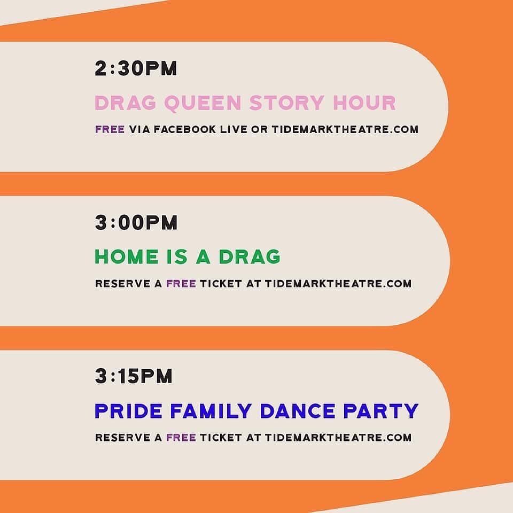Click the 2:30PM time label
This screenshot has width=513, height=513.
[136, 68]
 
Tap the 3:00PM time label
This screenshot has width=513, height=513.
[136, 222]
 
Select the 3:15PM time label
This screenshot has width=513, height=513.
[134, 376]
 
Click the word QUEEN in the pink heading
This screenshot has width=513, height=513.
[203, 103]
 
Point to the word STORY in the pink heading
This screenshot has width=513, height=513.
[287, 103]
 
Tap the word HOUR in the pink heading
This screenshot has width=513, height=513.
[364, 103]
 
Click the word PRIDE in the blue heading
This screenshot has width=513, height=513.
[129, 410]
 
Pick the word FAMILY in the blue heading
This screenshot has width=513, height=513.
[211, 410]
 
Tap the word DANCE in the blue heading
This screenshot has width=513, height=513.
[298, 410]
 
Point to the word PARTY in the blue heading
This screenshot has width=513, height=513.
[381, 410]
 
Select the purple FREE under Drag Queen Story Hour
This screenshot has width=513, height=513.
[110, 129]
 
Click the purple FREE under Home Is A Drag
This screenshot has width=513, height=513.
[181, 283]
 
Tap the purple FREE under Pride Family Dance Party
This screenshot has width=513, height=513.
[181, 438]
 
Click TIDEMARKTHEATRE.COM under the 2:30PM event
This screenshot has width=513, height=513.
[345, 129]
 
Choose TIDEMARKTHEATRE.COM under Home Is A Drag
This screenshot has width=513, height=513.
[338, 283]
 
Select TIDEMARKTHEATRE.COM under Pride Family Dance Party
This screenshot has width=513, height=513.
[338, 438]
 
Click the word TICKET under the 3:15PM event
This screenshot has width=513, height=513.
[221, 438]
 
